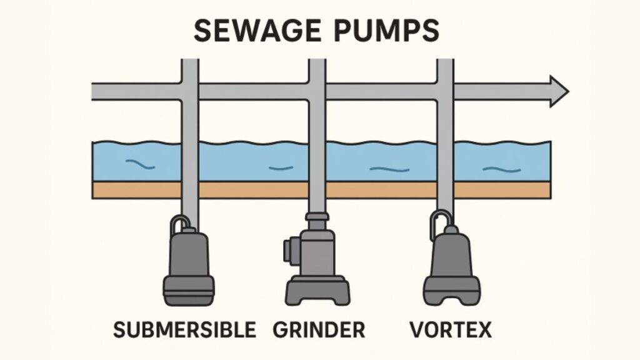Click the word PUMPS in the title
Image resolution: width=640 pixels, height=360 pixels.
coord(389,30)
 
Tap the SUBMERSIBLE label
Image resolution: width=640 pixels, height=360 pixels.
coord(185,329)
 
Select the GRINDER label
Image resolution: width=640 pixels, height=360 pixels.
coord(319,329)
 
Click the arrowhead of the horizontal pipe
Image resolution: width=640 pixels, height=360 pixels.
coord(558,92)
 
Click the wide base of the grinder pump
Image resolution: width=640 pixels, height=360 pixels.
coord(317,291)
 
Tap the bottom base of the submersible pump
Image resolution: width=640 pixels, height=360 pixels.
coord(188,291)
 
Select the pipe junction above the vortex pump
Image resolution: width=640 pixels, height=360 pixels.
coord(444,92)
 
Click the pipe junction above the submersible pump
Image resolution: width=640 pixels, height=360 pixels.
coord(189,92)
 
